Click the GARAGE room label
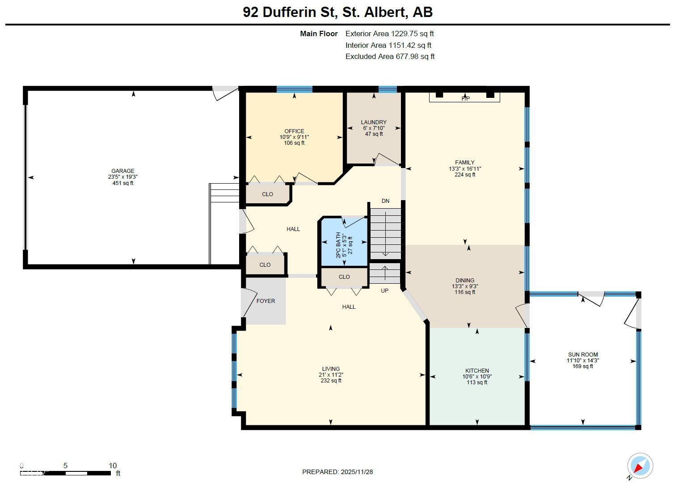tap(123, 171)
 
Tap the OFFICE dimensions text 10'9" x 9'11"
tap(294, 137)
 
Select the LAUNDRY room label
tap(374, 122)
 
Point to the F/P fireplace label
tap(465, 98)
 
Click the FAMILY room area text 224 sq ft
tap(465, 175)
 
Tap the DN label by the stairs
tap(385, 201)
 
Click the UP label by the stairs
tap(384, 291)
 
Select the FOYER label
tap(266, 301)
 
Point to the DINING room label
tap(465, 281)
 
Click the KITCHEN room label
tap(477, 371)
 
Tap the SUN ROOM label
tap(583, 355)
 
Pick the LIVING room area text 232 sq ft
tap(331, 381)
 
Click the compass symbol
tap(640, 466)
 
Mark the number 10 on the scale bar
tap(112, 466)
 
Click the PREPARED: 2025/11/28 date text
tap(337, 472)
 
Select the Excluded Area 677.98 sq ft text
tap(390, 56)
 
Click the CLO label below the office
tap(267, 194)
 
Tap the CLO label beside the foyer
tap(265, 265)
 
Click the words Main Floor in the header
tap(319, 34)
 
